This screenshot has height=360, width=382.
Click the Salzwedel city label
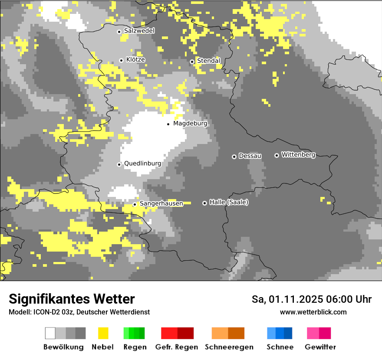click(139, 31)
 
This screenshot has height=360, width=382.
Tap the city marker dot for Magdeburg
click(168, 124)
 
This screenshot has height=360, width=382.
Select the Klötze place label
click(135, 59)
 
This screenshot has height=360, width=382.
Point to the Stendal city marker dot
click(192, 62)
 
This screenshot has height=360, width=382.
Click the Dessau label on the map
click(250, 156)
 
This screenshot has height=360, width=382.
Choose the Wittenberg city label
click(298, 154)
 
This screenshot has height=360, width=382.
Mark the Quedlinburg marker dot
click(119, 164)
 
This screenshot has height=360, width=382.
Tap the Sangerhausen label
click(161, 203)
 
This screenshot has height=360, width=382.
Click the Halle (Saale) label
click(229, 202)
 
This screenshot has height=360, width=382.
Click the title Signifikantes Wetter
click(72, 299)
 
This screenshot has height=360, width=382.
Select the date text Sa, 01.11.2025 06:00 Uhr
click(311, 299)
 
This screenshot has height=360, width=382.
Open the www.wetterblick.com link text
click(313, 312)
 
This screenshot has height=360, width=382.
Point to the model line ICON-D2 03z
click(79, 312)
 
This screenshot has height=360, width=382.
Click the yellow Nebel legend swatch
click(103, 333)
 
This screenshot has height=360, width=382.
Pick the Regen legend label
click(134, 347)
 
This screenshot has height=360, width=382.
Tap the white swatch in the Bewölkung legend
click(50, 333)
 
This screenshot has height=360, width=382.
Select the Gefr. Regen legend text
click(176, 347)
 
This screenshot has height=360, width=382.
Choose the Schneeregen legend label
click(229, 347)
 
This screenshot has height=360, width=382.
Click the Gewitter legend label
click(320, 347)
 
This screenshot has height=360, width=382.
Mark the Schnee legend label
click(280, 347)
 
